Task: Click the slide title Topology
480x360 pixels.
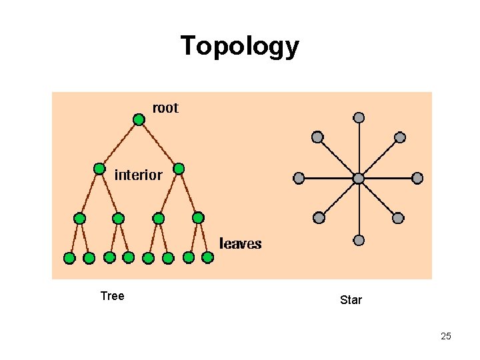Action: (240, 47)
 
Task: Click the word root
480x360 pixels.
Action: (165, 108)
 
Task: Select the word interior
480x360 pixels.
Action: (138, 175)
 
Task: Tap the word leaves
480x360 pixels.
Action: (241, 244)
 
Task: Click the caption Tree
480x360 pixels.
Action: (112, 296)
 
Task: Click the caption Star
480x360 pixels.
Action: (351, 300)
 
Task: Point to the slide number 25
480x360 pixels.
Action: (446, 336)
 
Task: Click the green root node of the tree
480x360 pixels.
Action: (139, 120)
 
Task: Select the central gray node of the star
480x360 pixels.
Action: (359, 179)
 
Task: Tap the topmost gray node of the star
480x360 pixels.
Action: (359, 118)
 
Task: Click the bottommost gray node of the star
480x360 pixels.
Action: (359, 240)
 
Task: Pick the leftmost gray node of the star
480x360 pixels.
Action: (299, 178)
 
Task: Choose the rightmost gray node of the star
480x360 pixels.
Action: (417, 178)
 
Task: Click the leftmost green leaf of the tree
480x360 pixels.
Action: (69, 258)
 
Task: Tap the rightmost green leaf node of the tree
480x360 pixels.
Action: (207, 257)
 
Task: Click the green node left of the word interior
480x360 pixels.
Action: (99, 169)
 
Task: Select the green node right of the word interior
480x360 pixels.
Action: (179, 169)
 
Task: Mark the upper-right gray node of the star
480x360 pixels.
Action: (400, 137)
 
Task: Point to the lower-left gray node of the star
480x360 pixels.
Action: (319, 218)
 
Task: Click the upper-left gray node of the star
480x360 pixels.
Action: (317, 137)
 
